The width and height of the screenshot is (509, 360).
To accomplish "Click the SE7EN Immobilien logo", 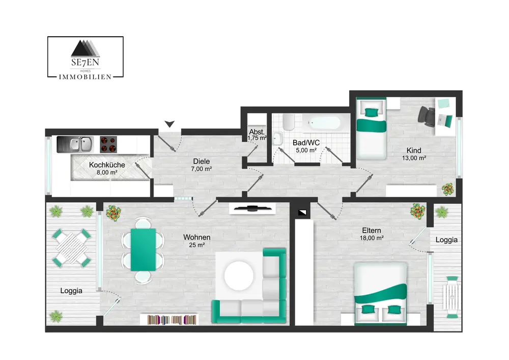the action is [86, 58].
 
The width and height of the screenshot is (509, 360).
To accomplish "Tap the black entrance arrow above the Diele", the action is [169, 124].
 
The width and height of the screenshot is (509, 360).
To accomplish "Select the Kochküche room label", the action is [107, 165].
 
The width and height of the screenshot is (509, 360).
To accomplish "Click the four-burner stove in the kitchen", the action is [108, 145].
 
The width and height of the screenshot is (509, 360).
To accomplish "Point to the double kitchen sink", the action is [75, 145].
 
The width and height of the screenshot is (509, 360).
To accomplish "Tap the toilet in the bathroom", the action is [288, 122].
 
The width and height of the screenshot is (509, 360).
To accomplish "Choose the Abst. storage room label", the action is [257, 132].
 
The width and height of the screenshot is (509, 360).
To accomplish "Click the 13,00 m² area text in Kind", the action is [414, 158].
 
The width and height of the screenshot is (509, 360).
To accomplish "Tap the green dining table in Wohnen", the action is [143, 250].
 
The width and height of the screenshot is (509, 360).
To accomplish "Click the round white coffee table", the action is [239, 276].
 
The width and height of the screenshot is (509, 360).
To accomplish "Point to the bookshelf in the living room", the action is [169, 320].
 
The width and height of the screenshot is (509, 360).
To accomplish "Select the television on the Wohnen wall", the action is [252, 208].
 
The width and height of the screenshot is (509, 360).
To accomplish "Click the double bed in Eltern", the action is [380, 293].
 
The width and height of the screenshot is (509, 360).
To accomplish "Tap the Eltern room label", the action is [372, 231].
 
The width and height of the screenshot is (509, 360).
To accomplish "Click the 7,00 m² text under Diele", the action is [202, 169].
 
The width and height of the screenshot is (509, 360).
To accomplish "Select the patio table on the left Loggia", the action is [71, 248].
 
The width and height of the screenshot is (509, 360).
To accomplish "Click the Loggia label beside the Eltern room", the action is [447, 240].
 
